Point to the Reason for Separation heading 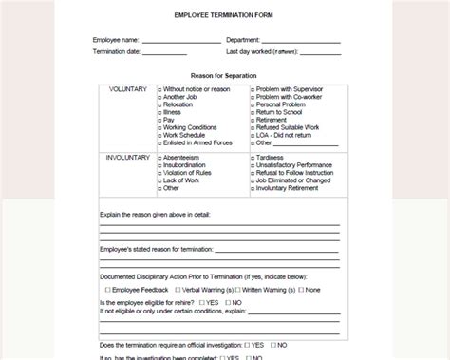pos(223,75)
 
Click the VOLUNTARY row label pos(128,89)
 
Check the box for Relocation pos(159,104)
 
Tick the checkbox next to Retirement pos(253,120)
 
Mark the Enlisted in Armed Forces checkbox pos(159,142)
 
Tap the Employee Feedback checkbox pos(108,289)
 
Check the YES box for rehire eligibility pos(202,302)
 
